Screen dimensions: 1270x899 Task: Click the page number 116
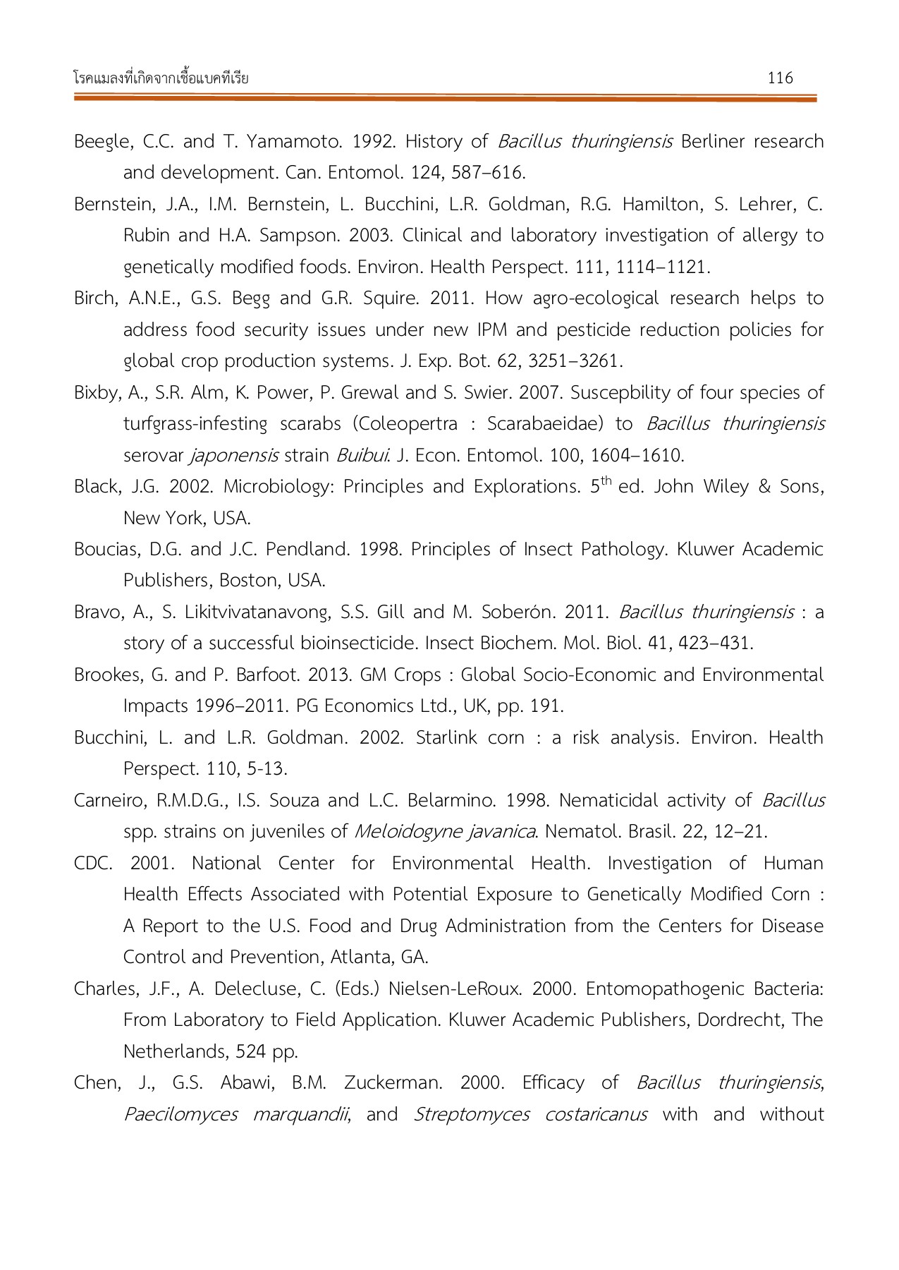coord(780,78)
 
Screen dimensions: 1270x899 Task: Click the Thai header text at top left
coord(161,78)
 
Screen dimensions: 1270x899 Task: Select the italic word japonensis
coord(233,456)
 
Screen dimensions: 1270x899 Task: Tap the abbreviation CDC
coord(92,864)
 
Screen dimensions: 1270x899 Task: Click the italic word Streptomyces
coord(471,1115)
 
